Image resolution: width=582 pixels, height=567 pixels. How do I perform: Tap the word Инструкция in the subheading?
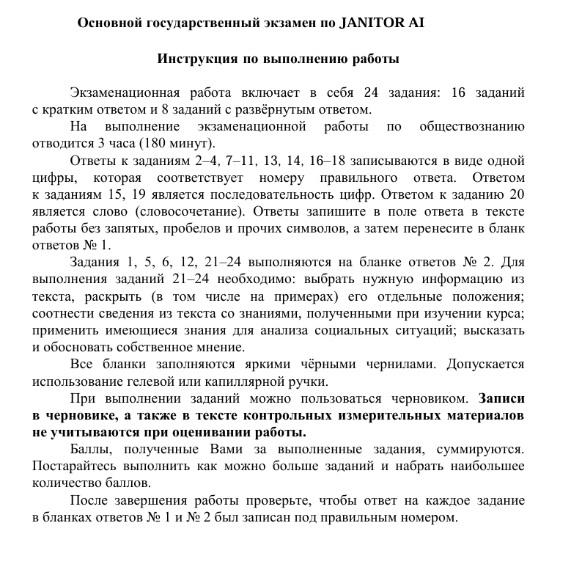click(x=196, y=58)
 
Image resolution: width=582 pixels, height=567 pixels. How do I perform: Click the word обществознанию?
click(x=472, y=127)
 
